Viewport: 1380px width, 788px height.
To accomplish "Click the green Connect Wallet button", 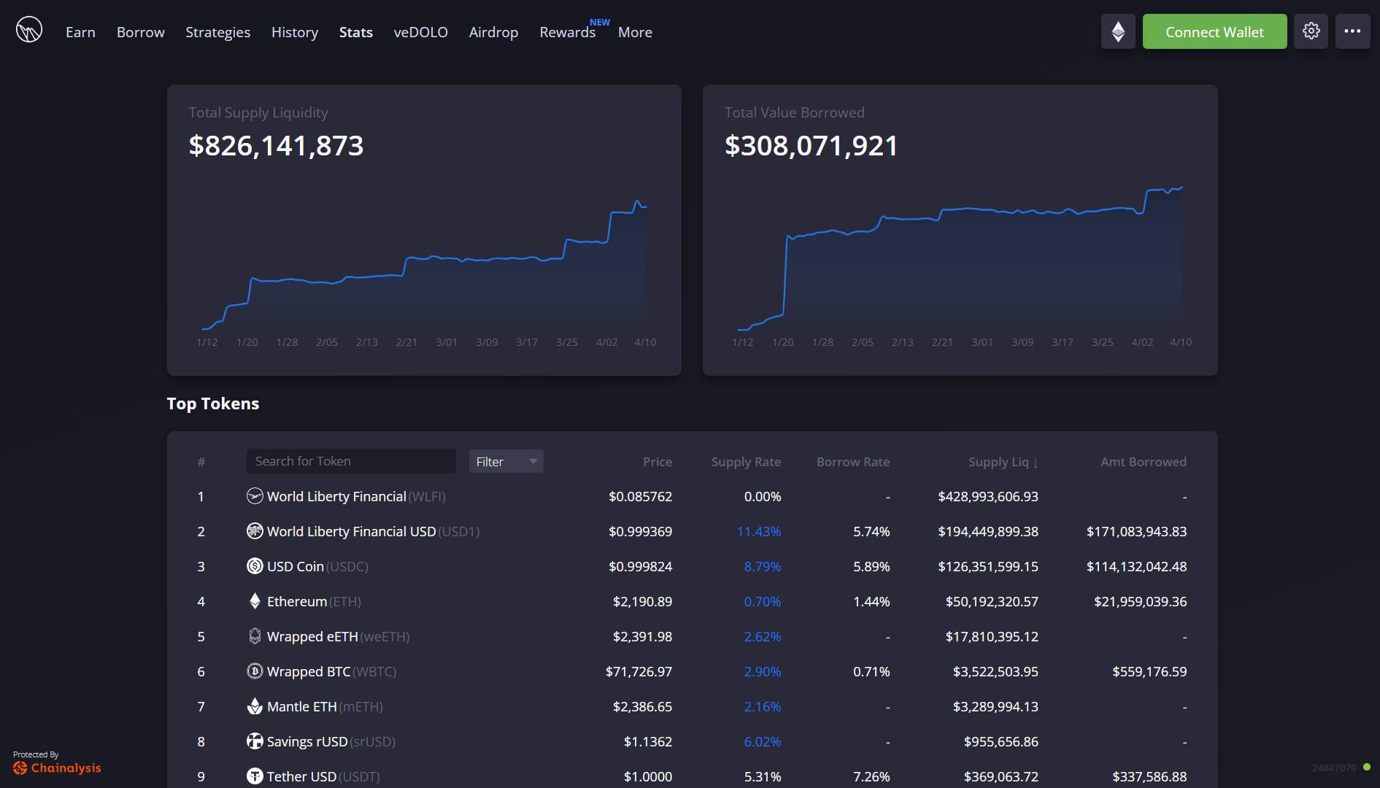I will coord(1214,32).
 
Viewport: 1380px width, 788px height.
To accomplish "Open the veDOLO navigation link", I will coord(420,32).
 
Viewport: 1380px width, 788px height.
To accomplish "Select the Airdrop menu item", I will coord(493,32).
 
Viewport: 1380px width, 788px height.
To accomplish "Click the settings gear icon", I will coord(1311,31).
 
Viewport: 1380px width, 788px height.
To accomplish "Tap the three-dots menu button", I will coord(1352,31).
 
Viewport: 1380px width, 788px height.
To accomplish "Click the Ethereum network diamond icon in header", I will coord(1117,31).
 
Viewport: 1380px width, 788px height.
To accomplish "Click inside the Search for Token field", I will coord(350,461).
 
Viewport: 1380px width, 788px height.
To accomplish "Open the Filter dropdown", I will coord(506,461).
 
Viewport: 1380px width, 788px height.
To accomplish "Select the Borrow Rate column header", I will coord(852,462).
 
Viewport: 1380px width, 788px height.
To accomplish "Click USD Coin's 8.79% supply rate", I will coord(762,566).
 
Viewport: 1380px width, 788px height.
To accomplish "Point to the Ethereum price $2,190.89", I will coord(642,601).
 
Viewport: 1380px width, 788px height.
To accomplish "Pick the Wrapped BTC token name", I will coord(309,671).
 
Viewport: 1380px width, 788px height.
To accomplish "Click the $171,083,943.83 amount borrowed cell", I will coord(1136,531).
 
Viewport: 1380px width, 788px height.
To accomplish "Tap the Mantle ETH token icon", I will coord(255,706).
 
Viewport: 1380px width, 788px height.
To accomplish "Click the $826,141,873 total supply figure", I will coord(276,145).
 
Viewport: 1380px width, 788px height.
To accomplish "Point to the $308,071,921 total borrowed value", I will coord(811,145).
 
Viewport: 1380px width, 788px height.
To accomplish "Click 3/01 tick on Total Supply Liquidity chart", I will coord(447,342).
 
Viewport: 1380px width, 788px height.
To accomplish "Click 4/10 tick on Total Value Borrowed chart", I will coord(1180,342).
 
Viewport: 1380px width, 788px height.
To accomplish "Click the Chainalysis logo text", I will coord(66,768).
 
